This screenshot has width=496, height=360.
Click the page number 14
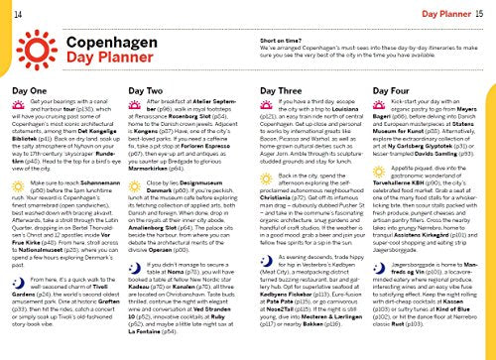[x=9, y=8]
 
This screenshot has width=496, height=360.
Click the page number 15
[x=485, y=9]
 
